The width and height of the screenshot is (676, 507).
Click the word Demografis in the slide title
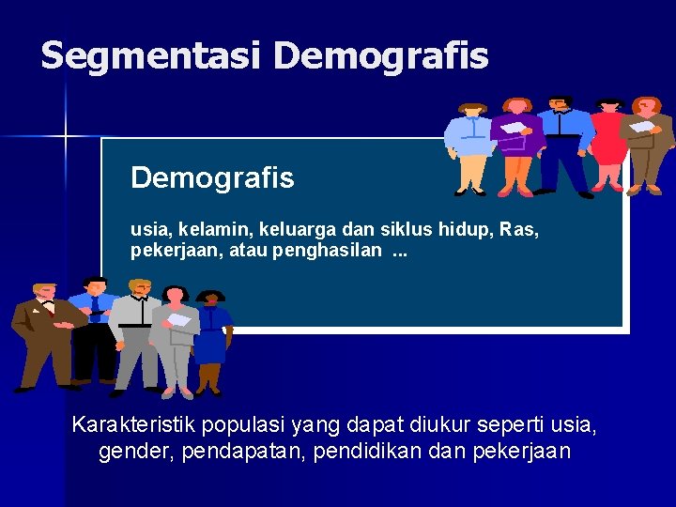click(381, 56)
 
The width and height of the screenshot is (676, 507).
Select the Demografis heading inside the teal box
click(212, 177)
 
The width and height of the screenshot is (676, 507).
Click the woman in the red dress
click(608, 141)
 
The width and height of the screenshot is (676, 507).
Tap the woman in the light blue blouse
click(469, 141)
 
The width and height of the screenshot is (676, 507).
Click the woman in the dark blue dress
click(211, 338)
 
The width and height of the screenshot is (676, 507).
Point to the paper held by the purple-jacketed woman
click(514, 128)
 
